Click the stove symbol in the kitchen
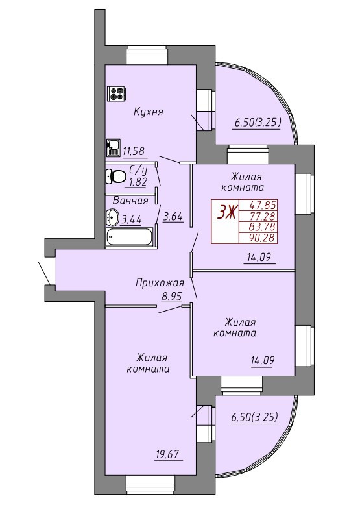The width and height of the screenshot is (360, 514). [x=117, y=93]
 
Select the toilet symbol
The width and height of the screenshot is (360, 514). [x=115, y=177]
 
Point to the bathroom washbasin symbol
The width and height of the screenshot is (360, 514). [x=113, y=217]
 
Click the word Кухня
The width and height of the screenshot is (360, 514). [x=148, y=112]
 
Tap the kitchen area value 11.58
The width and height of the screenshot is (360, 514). [x=134, y=151]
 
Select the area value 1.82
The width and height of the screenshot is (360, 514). [x=138, y=182]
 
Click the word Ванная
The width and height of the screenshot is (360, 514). [x=130, y=201]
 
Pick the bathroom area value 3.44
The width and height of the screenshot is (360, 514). [x=132, y=219]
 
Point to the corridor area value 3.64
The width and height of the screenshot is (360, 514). [x=173, y=217]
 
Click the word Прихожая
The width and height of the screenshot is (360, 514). [x=160, y=282]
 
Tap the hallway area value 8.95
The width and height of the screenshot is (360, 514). [x=171, y=297]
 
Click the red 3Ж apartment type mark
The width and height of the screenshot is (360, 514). [x=226, y=213]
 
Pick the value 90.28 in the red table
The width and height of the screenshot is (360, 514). [x=261, y=238]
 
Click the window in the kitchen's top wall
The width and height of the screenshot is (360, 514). [x=147, y=56]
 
